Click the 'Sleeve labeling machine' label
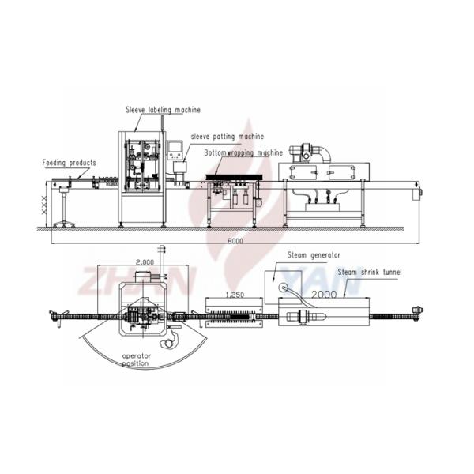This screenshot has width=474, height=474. (x=163, y=110)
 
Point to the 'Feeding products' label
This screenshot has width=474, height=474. (x=70, y=163)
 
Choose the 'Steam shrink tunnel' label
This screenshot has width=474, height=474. (x=369, y=272)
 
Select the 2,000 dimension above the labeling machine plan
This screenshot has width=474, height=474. (x=144, y=261)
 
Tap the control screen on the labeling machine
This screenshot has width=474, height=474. (x=176, y=148)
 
